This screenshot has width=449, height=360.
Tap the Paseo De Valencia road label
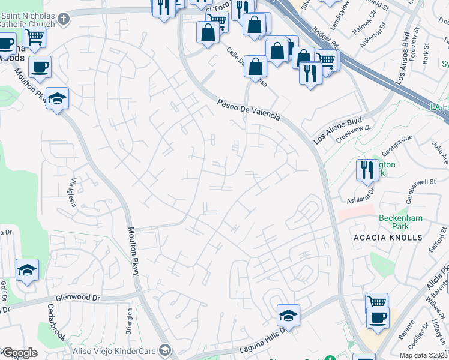249,110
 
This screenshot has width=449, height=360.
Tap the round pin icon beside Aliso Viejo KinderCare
165,350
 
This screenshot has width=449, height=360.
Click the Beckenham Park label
393,222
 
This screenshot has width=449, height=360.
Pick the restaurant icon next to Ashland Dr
366,169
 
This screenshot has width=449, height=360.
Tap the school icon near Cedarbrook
28,271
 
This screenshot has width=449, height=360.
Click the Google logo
19,353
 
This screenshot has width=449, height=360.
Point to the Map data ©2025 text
423,355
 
